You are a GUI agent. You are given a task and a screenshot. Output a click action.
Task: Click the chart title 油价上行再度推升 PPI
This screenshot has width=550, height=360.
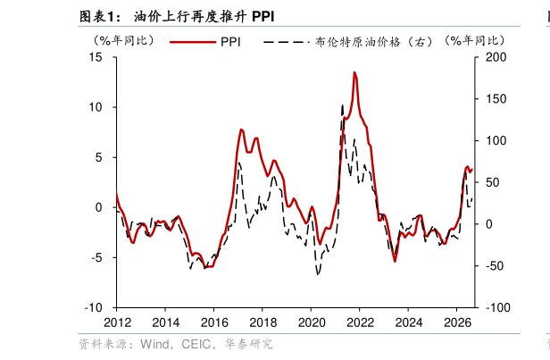(x=204, y=16)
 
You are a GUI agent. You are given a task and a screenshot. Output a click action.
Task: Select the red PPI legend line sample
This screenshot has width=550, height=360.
(x=193, y=42)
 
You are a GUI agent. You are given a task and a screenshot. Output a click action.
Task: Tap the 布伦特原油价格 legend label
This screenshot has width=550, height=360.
(x=357, y=42)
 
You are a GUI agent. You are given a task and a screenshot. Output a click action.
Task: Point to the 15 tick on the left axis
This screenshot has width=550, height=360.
(x=96, y=57)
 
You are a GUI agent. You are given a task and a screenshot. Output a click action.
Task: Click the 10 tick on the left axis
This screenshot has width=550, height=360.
(x=96, y=107)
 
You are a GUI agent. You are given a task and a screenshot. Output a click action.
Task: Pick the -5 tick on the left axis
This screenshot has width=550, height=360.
(x=96, y=257)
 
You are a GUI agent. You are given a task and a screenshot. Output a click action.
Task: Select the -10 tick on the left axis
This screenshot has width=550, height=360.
(x=94, y=307)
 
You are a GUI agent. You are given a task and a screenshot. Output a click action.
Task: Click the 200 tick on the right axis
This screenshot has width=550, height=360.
(x=496, y=57)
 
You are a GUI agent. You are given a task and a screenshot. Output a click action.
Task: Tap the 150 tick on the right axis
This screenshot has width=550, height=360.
(x=496, y=99)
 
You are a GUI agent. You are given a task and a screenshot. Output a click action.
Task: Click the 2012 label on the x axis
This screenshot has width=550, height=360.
(x=117, y=322)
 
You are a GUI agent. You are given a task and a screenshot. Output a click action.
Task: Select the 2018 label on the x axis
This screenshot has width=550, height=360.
(x=262, y=322)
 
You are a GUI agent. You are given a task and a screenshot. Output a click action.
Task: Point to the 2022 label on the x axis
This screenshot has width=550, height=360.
(x=360, y=322)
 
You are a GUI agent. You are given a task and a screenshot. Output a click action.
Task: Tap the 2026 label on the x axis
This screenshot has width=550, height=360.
(x=457, y=322)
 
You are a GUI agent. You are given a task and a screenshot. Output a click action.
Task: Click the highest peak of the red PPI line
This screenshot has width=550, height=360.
(x=354, y=72)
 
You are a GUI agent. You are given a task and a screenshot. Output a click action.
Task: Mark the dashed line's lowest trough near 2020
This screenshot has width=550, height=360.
(x=318, y=274)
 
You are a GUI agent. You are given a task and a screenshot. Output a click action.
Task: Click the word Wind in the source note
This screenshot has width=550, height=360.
(x=154, y=344)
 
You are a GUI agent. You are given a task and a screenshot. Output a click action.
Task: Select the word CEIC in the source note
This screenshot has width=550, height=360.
(x=196, y=344)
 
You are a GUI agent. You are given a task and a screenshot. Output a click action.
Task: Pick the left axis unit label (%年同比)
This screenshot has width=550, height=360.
(x=123, y=41)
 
